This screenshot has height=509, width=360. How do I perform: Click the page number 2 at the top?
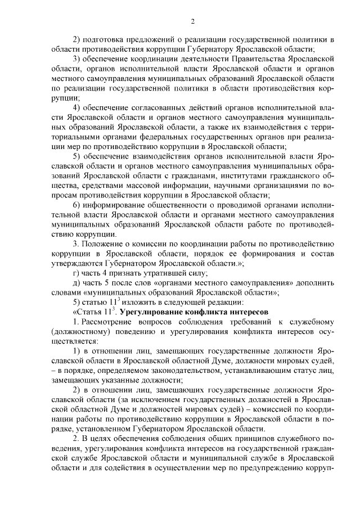[x=192, y=21]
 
